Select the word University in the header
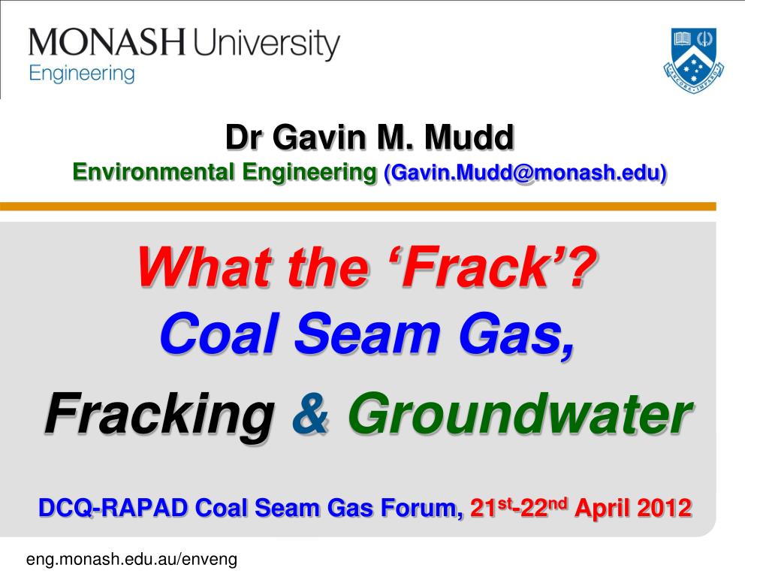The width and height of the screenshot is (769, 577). coord(266,45)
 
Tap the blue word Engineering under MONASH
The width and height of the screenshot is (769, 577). coord(82,74)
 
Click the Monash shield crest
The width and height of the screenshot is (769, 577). coord(694,57)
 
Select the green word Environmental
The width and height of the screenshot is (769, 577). coord(154,173)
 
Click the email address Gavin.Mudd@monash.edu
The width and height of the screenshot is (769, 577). coord(525,173)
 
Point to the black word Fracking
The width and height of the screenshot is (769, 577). coord(158,415)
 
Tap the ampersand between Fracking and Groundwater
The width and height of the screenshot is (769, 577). coord(310,415)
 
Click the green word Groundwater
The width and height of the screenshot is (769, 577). coord(518,415)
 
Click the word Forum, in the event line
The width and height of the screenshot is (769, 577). coord(421,509)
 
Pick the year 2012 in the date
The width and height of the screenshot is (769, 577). coord(664,509)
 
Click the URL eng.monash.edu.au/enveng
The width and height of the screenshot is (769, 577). coord(132,559)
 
